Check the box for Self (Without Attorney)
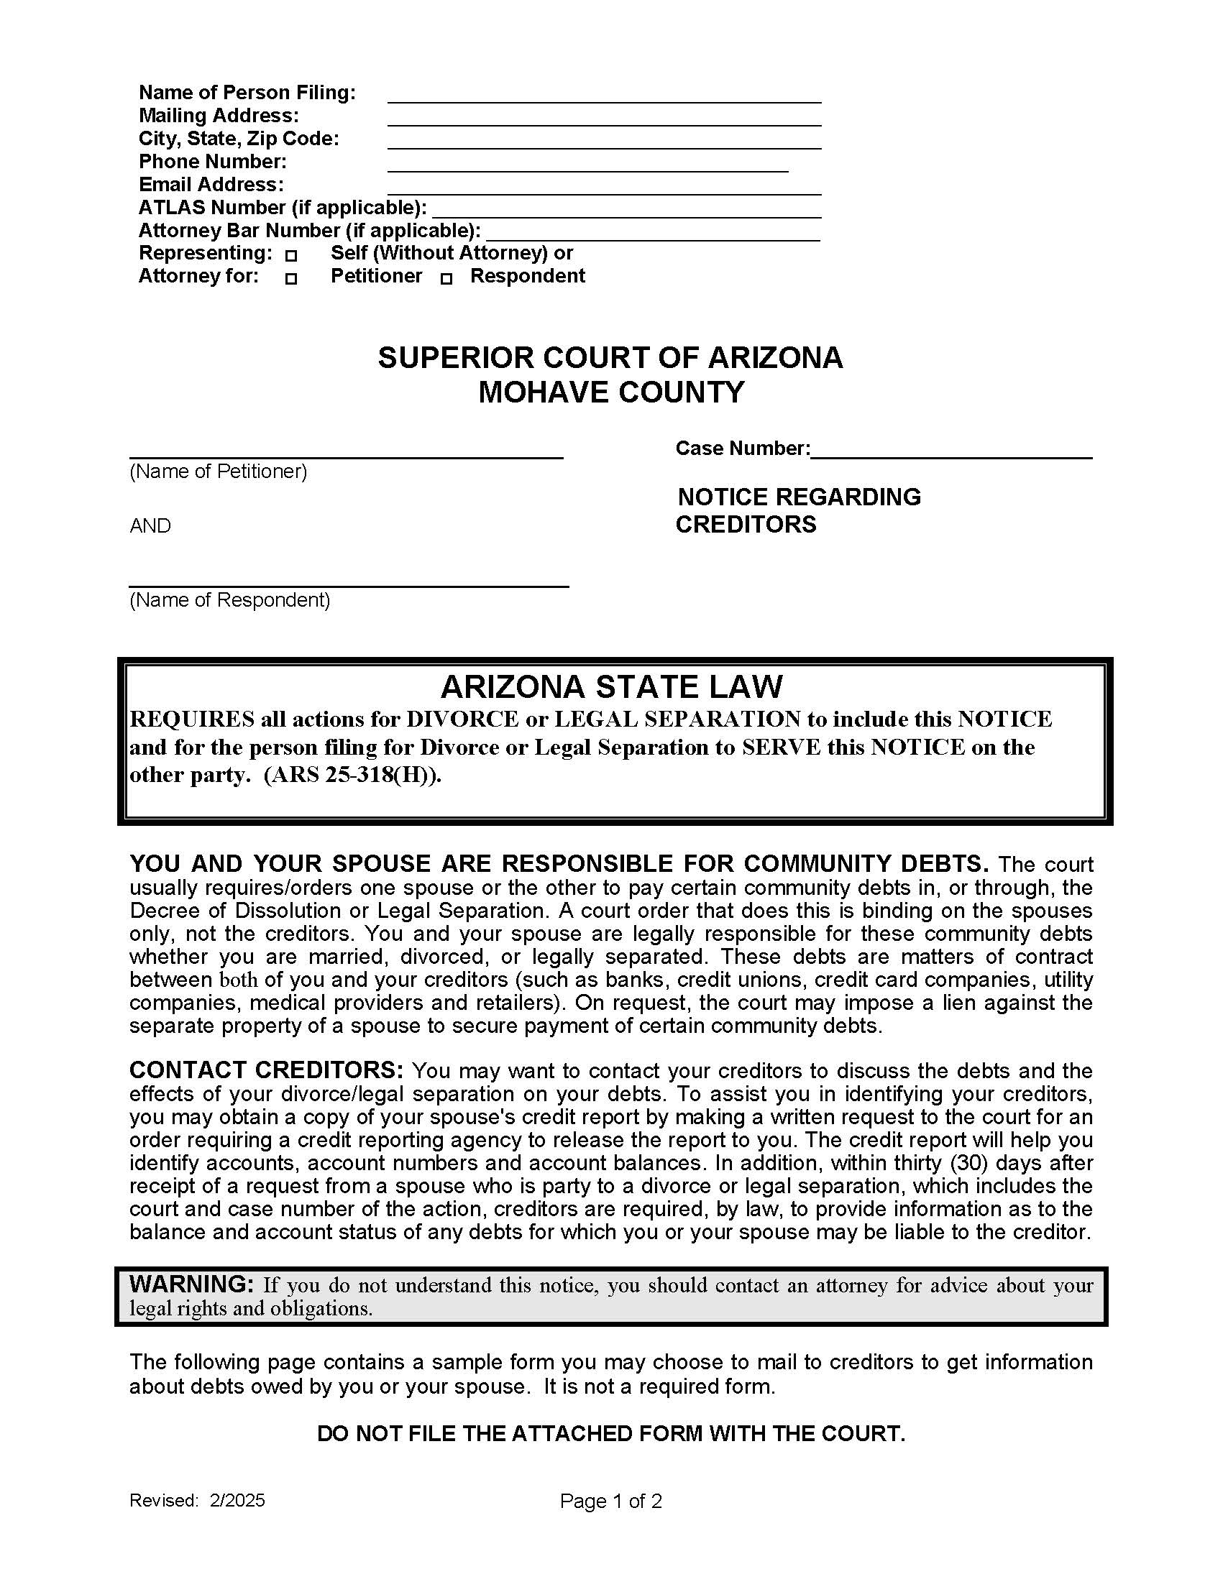point(291,256)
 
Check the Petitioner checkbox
point(291,279)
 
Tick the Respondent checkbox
point(446,279)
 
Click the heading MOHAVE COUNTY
point(610,392)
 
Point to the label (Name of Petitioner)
point(218,472)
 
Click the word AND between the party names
point(150,526)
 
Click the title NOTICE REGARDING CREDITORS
point(797,510)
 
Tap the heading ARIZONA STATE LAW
point(611,686)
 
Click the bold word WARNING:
point(191,1284)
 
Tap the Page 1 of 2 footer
point(610,1501)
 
